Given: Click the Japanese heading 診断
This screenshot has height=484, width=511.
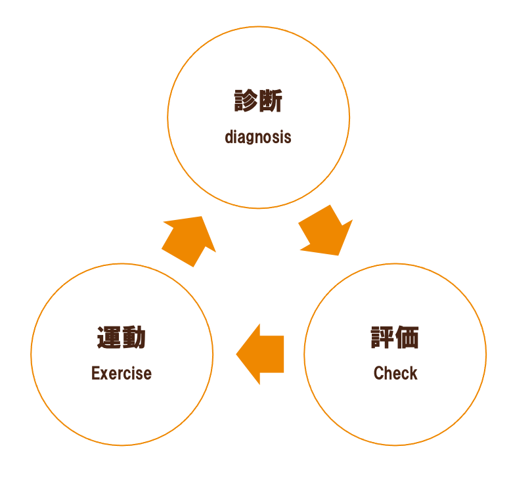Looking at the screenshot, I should click(x=258, y=102).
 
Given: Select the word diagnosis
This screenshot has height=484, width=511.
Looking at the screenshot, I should click(x=258, y=137).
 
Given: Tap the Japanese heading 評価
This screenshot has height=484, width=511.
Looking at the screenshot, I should click(x=395, y=338).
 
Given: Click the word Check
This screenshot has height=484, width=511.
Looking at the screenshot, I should click(x=395, y=373).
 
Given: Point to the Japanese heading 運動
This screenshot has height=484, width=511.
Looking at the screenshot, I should click(x=122, y=338).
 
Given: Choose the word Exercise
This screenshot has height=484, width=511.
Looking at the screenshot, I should click(x=122, y=373).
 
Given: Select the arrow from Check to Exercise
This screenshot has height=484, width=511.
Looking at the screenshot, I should click(x=261, y=354).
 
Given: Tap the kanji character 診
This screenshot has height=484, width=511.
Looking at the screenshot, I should click(x=246, y=102).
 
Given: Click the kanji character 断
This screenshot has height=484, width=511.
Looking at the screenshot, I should click(x=271, y=102).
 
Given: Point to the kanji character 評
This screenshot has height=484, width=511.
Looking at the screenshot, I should click(x=382, y=338).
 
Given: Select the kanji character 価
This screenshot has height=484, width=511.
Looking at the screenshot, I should click(x=407, y=338).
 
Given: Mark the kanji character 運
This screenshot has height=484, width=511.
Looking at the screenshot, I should click(x=109, y=338).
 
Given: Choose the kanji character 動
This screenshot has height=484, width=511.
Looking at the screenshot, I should click(x=134, y=338).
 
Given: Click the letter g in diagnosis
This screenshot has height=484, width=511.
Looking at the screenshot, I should click(x=250, y=139).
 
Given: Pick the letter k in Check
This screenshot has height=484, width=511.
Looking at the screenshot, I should click(x=414, y=373).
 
